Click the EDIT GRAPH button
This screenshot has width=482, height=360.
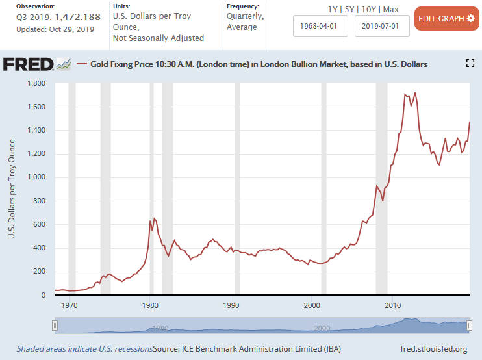(x=446, y=18)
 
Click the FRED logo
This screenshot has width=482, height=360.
(x=29, y=64)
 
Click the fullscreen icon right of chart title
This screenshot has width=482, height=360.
(x=471, y=64)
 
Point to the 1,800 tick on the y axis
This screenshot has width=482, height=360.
(x=36, y=83)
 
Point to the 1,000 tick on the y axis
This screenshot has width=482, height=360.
(x=36, y=177)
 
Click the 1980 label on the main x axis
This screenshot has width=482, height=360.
(x=150, y=305)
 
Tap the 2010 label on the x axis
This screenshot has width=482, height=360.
(x=392, y=305)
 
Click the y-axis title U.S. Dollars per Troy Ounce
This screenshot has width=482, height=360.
(x=11, y=189)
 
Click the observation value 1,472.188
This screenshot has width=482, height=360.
(x=77, y=17)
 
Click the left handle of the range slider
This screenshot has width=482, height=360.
(x=55, y=326)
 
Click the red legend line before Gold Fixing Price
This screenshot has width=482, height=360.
(x=82, y=64)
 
